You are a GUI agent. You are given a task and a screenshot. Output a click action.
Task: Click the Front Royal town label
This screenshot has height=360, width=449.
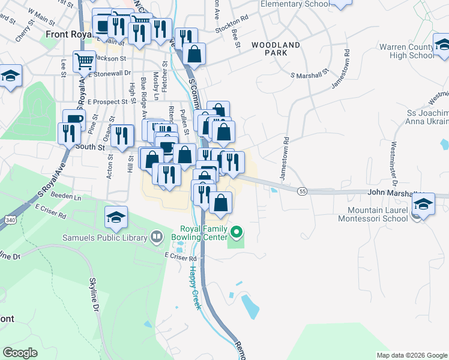pos(67,34)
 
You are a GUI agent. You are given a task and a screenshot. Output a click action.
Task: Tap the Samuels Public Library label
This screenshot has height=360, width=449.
pos(105,238)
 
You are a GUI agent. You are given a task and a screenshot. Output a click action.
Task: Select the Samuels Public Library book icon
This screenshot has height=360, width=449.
pos(157,237)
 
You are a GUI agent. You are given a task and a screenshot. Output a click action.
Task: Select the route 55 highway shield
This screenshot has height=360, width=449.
pos(301,191)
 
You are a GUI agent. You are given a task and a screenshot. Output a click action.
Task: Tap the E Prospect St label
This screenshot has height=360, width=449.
pos(107,102)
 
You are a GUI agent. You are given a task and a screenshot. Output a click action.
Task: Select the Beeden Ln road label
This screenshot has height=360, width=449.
pos(65,196)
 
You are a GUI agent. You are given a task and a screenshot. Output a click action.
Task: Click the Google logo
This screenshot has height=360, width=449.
pos(20,353)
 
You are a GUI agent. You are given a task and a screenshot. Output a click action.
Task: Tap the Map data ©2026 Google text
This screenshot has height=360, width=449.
pos(411,355)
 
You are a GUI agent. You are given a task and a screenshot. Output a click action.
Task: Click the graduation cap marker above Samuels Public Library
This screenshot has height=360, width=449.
pos(116,219)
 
